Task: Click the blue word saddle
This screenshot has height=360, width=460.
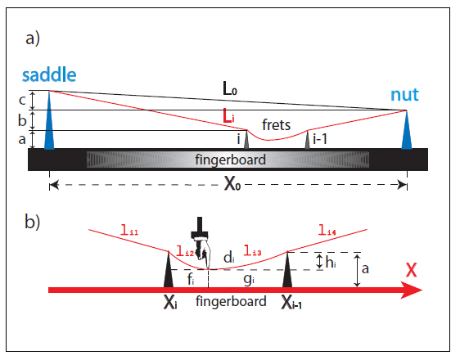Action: pyautogui.click(x=49, y=74)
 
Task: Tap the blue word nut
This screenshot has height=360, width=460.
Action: pyautogui.click(x=404, y=95)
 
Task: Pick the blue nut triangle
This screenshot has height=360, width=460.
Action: pyautogui.click(x=407, y=130)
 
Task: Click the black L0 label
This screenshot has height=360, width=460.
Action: pyautogui.click(x=230, y=88)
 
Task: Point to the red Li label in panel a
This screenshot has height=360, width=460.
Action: pyautogui.click(x=228, y=116)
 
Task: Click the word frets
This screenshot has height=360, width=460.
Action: pyautogui.click(x=276, y=124)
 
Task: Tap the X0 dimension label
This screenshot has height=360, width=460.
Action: pyautogui.click(x=232, y=184)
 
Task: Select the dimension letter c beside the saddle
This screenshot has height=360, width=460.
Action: pyautogui.click(x=22, y=100)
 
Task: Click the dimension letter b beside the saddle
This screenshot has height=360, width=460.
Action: pyautogui.click(x=22, y=120)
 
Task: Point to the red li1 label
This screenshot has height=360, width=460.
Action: pyautogui.click(x=129, y=230)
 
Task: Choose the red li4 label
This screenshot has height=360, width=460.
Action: pyautogui.click(x=327, y=230)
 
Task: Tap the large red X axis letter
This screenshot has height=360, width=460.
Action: pyautogui.click(x=412, y=270)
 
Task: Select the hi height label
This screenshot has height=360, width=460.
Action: pyautogui.click(x=331, y=262)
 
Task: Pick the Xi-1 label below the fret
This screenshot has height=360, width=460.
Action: pyautogui.click(x=291, y=302)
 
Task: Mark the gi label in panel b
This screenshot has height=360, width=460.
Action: pyautogui.click(x=249, y=279)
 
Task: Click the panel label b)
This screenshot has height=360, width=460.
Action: pyautogui.click(x=32, y=222)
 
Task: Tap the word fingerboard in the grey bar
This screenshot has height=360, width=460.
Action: pyautogui.click(x=230, y=160)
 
